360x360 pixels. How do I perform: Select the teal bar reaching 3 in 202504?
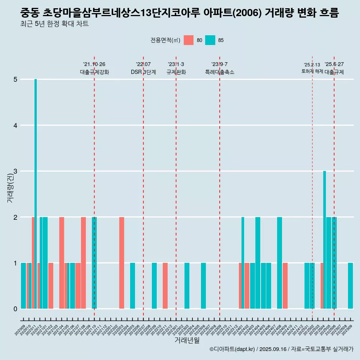coord(324,240)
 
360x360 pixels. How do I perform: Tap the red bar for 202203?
coord(121,262)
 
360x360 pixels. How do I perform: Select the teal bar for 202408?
coord(279,262)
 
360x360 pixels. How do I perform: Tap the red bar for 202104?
coord(61,262)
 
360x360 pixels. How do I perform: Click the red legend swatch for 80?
coord(189,40)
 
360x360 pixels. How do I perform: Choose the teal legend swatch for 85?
coord(210,40)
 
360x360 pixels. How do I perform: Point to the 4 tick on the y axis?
coord(15,125)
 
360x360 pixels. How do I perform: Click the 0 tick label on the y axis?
coord(15,309)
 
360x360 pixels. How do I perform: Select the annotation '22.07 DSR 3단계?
coord(143,68)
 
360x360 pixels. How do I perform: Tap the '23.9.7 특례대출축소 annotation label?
coord(220,68)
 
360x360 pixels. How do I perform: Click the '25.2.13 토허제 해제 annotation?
coord(312,68)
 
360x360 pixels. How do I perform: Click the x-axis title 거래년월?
coord(187,340)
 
